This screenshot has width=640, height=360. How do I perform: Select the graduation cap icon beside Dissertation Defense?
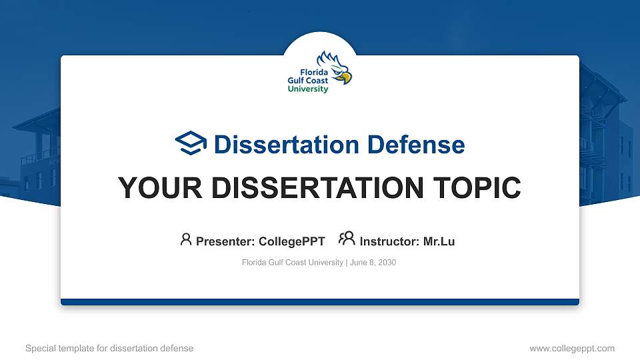click(191, 143)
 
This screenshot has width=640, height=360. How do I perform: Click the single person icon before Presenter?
click(186, 239)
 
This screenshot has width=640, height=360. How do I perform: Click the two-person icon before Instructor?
click(347, 239)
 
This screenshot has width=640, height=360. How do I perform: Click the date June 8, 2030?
click(373, 263)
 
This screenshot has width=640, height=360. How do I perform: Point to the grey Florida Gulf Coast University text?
click(292, 263)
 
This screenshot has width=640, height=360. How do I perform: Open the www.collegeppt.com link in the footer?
click(572, 348)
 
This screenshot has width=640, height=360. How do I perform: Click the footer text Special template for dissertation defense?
click(109, 348)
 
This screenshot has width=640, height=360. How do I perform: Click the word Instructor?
click(388, 241)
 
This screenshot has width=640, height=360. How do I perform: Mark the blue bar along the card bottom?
click(320, 302)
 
